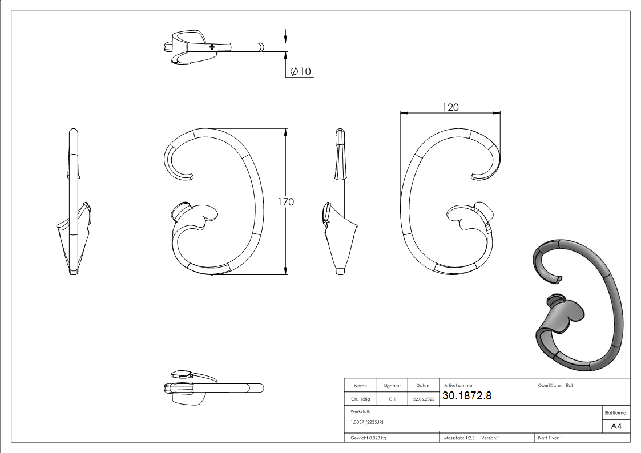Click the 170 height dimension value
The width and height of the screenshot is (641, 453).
[285, 202]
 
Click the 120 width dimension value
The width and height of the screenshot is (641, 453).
[450, 107]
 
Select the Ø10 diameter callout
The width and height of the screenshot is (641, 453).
[301, 71]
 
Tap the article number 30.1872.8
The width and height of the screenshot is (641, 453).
[466, 396]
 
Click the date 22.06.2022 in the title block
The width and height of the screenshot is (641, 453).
[424, 399]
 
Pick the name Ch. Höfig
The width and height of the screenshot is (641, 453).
[360, 399]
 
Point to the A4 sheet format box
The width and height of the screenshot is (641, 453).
[616, 426]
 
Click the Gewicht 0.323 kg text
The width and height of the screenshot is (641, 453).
[368, 438]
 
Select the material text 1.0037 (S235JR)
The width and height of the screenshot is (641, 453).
[367, 422]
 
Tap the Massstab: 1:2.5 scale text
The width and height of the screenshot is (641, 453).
[459, 438]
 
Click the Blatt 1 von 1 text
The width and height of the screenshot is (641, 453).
[550, 438]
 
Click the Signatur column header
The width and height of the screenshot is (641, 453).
[392, 386]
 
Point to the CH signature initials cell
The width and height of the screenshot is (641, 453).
[392, 399]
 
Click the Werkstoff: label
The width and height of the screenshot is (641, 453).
[360, 411]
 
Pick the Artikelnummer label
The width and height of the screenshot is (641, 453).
[458, 385]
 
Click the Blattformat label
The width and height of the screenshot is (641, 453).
[616, 413]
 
